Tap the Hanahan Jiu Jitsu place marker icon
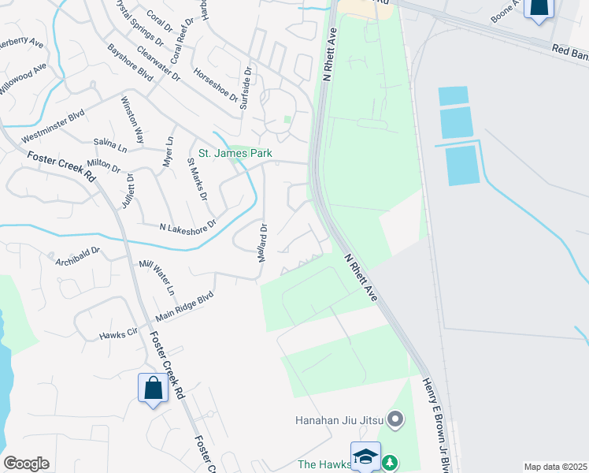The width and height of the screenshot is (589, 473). click(396, 419)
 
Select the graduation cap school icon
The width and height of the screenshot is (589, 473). click(365, 456)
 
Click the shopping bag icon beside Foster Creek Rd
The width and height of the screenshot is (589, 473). click(152, 388)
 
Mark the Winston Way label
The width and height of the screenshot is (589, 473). click(132, 119)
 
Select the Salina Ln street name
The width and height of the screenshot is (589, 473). click(110, 145)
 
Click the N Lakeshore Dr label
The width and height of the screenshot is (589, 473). click(187, 227)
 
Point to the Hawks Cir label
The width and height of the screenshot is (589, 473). click(118, 334)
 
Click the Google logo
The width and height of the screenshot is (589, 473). click(26, 464)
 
